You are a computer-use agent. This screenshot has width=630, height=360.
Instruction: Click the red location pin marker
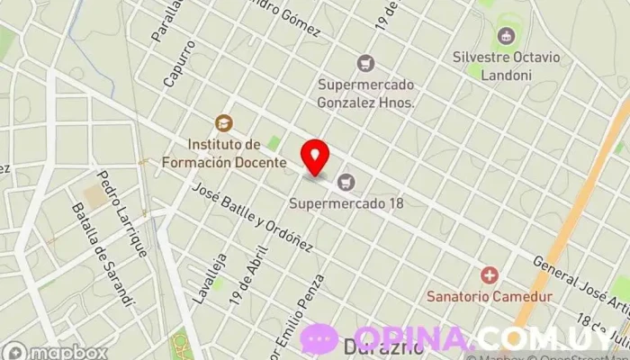[315, 157]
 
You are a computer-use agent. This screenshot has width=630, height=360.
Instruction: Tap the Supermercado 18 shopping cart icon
[346, 183]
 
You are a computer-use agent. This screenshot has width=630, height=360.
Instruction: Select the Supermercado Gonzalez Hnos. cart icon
[365, 63]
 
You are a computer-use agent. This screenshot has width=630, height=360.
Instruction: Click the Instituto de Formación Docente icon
[222, 122]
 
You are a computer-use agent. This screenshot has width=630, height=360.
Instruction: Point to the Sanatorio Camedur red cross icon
[490, 274]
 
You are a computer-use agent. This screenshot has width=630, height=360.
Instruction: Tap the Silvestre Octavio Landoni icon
[504, 37]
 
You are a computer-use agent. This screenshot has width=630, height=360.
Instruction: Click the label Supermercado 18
[346, 203]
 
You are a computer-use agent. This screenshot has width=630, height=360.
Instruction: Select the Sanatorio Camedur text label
[490, 295]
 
